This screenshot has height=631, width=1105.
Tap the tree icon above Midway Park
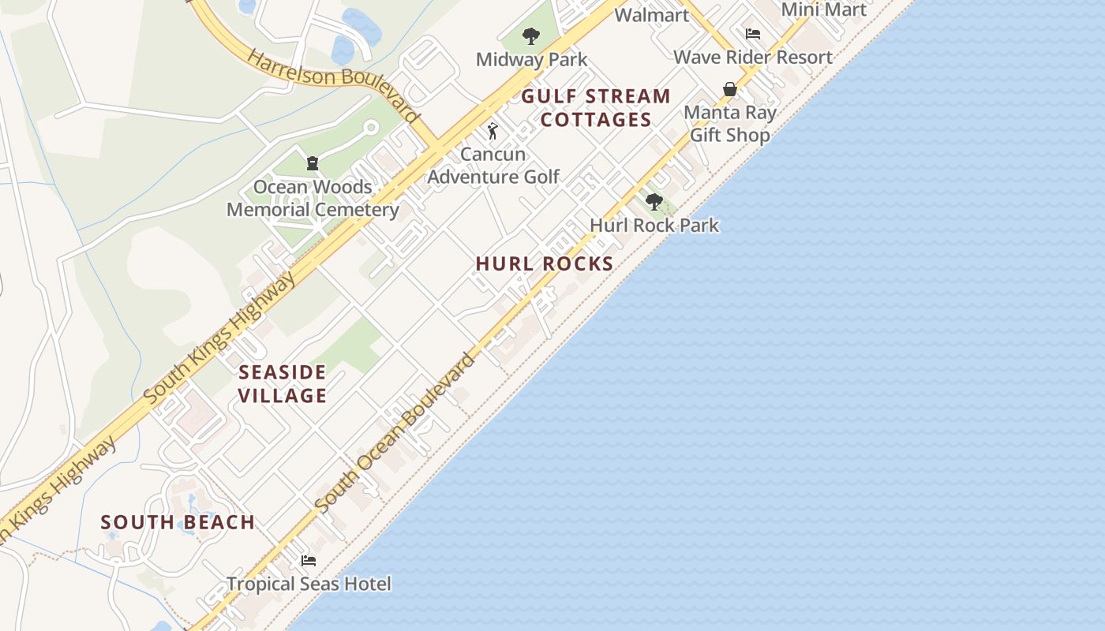(x=531, y=35)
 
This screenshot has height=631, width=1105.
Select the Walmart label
(x=651, y=15)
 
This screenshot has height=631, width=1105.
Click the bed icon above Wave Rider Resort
(x=753, y=34)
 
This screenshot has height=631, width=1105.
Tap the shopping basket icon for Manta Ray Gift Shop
(x=730, y=89)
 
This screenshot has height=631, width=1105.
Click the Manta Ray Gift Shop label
(x=730, y=124)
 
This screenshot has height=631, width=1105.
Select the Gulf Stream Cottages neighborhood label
(x=596, y=108)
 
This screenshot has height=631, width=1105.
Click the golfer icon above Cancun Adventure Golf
(x=493, y=131)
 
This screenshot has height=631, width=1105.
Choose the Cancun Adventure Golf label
(x=493, y=166)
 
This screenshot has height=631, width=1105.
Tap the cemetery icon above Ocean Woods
(x=313, y=164)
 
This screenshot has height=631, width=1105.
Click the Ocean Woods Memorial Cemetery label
(x=313, y=198)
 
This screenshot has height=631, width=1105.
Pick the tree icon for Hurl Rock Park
(x=654, y=202)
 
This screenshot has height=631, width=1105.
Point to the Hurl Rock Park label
(x=654, y=225)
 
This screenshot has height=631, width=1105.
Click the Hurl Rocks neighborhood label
(x=545, y=263)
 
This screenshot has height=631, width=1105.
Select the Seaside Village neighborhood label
(x=283, y=383)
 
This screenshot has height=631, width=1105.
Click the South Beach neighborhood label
(x=178, y=522)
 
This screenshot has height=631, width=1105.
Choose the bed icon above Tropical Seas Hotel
(x=309, y=561)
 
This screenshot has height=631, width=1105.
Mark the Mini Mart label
(x=823, y=9)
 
